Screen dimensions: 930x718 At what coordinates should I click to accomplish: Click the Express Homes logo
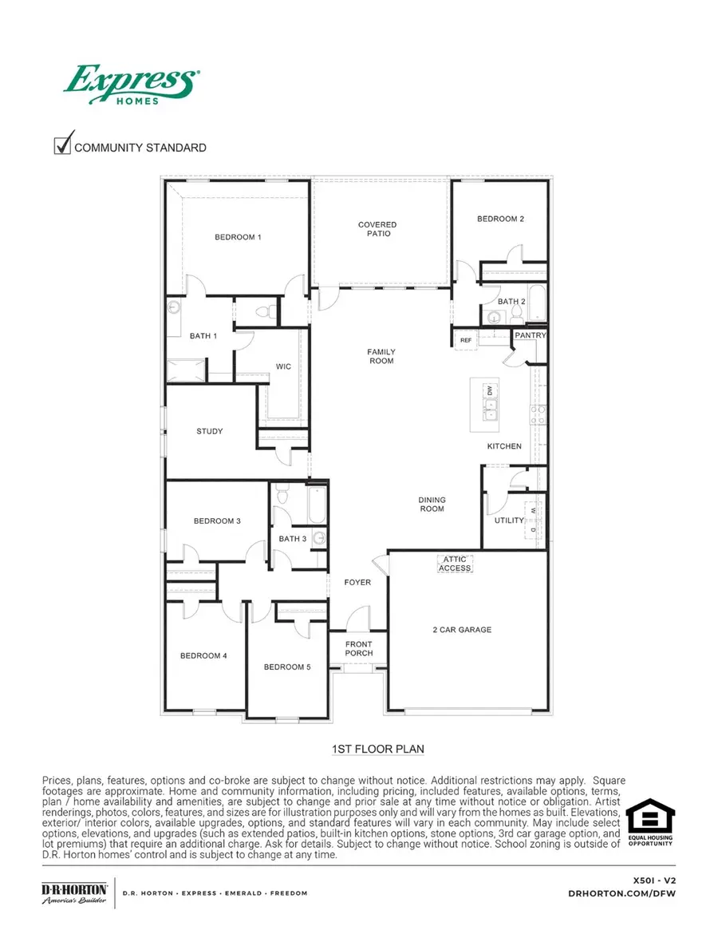pos(132,84)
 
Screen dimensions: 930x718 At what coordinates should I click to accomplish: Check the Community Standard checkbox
pos(62,145)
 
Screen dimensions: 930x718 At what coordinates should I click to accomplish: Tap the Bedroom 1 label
pos(238,237)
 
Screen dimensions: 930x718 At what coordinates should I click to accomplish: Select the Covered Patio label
pos(377,229)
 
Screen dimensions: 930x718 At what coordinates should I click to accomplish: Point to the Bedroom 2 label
pos(500,219)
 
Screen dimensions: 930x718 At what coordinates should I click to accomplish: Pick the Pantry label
pos(530,336)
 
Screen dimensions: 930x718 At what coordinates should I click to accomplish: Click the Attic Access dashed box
pos(455,564)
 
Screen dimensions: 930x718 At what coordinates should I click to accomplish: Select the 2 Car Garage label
pos(462,630)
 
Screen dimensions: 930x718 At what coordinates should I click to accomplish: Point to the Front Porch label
pos(359,648)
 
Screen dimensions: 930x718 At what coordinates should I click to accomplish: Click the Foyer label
pos(357,582)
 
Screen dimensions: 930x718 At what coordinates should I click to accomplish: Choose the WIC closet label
pos(283,366)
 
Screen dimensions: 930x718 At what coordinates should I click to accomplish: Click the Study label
pos(210,431)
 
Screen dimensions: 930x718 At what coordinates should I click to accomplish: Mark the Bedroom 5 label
pos(287,667)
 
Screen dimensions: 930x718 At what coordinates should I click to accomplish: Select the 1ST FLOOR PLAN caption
pos(378,749)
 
